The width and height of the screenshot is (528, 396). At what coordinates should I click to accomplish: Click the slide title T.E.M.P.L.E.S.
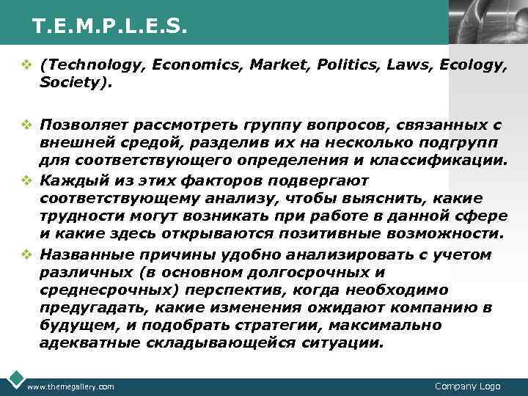[110, 27]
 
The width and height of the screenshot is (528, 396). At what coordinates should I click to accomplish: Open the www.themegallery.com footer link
[70, 386]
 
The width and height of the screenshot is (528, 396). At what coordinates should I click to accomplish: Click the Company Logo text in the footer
[468, 386]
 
